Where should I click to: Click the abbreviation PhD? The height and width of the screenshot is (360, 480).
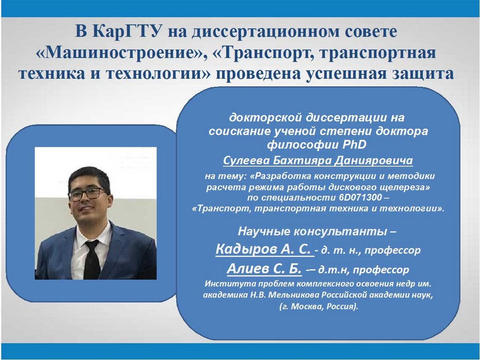tap(354, 144)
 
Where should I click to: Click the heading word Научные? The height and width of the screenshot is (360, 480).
tap(264, 232)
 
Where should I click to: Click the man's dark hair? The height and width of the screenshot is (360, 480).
tap(89, 178)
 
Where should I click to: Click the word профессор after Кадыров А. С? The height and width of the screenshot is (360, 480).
tap(393, 251)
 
